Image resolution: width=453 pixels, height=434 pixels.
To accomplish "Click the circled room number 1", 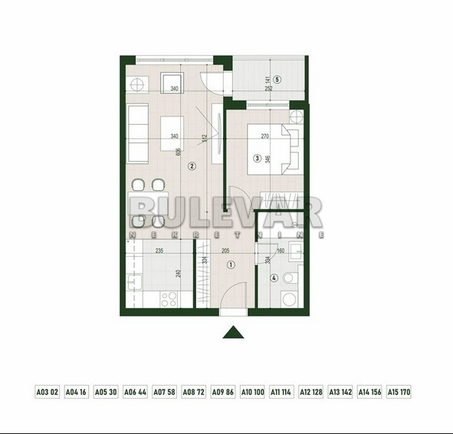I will [x=231, y=265].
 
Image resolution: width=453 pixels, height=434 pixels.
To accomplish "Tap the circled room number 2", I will [x=192, y=165].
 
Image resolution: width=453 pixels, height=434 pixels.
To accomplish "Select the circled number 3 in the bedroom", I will [x=258, y=159].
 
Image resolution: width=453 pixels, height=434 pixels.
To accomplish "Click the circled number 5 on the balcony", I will [x=277, y=79].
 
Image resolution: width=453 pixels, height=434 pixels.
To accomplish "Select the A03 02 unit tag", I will [x=47, y=392].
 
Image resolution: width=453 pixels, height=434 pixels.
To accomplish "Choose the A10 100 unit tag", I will [x=252, y=392].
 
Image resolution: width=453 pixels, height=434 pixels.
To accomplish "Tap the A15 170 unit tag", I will [x=399, y=392].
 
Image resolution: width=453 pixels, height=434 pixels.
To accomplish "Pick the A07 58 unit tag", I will [x=164, y=392].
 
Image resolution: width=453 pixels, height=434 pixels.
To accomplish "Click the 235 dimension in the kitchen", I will [x=159, y=250].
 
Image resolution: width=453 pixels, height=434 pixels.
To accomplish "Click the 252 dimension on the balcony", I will [x=269, y=89].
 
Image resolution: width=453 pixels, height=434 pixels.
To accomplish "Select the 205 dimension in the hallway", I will [x=226, y=250].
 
